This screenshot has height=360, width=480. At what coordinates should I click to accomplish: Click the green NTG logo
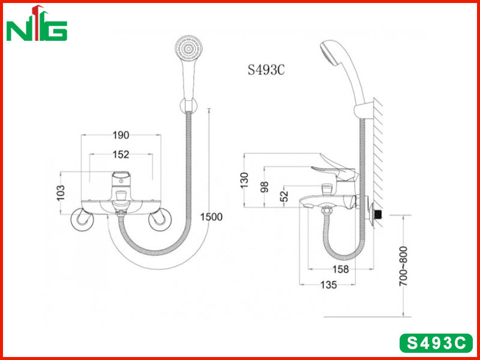37,24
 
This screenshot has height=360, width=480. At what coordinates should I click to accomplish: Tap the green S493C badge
436,343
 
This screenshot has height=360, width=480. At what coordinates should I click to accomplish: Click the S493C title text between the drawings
266,70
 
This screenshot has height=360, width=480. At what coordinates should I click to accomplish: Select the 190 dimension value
121,135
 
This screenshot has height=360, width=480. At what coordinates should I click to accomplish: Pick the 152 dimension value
121,155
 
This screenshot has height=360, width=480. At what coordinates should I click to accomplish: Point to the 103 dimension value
61,193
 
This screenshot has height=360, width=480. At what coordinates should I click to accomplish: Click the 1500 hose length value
211,217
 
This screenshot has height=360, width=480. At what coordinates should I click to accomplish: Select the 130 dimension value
244,181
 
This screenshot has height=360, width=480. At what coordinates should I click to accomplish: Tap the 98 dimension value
265,187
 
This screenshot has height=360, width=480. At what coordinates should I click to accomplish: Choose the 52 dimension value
284,196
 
